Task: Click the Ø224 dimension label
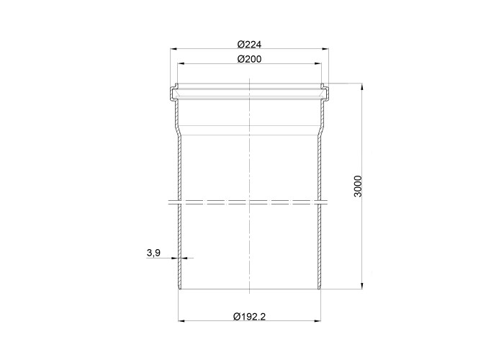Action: coord(249,44)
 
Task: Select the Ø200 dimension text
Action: coord(249,59)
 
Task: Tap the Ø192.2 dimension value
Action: coord(249,317)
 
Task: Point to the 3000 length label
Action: coord(357,186)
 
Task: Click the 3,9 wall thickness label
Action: coord(153,253)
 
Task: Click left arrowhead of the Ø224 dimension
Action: coord(174,49)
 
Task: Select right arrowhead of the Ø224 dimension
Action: coord(325,49)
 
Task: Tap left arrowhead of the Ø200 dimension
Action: coord(181,64)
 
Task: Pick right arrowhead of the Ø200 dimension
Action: coord(318,64)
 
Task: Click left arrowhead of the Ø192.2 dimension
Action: coord(182,321)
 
